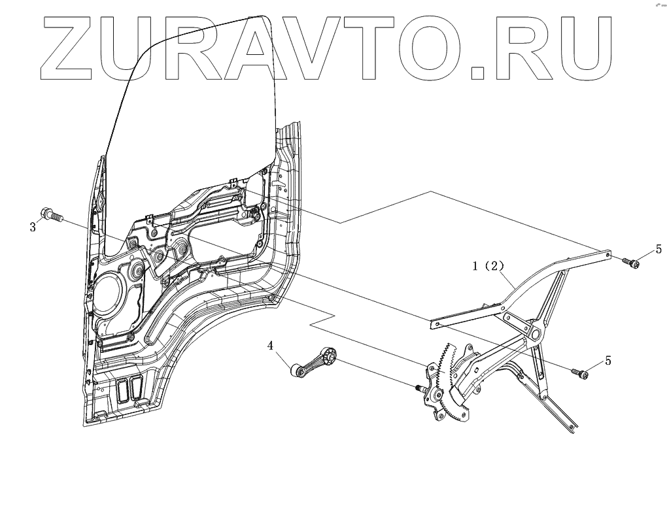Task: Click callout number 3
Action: coord(32,227)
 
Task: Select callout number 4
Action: coord(269,346)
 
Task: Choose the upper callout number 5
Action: coord(658,248)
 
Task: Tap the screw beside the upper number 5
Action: coord(633,263)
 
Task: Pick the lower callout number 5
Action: coord(608,360)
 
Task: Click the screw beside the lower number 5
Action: coord(581,373)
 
